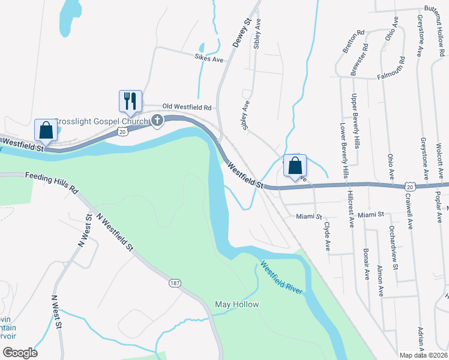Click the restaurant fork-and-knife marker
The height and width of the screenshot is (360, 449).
coord(130,101)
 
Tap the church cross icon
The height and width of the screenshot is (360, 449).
coord(157,121)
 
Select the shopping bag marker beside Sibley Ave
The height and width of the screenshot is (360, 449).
coord(295,165)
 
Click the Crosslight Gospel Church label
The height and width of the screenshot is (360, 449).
coord(101,122)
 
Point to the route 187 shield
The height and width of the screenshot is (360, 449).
coord(174,282)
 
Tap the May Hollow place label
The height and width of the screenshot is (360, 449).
coord(237,304)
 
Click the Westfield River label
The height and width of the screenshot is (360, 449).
coord(281,277)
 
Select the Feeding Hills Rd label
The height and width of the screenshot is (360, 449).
coord(52,182)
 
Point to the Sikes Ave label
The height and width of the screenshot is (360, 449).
coord(208,59)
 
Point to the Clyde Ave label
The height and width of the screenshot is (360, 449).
coord(328,236)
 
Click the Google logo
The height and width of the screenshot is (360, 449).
coord(19,353)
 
